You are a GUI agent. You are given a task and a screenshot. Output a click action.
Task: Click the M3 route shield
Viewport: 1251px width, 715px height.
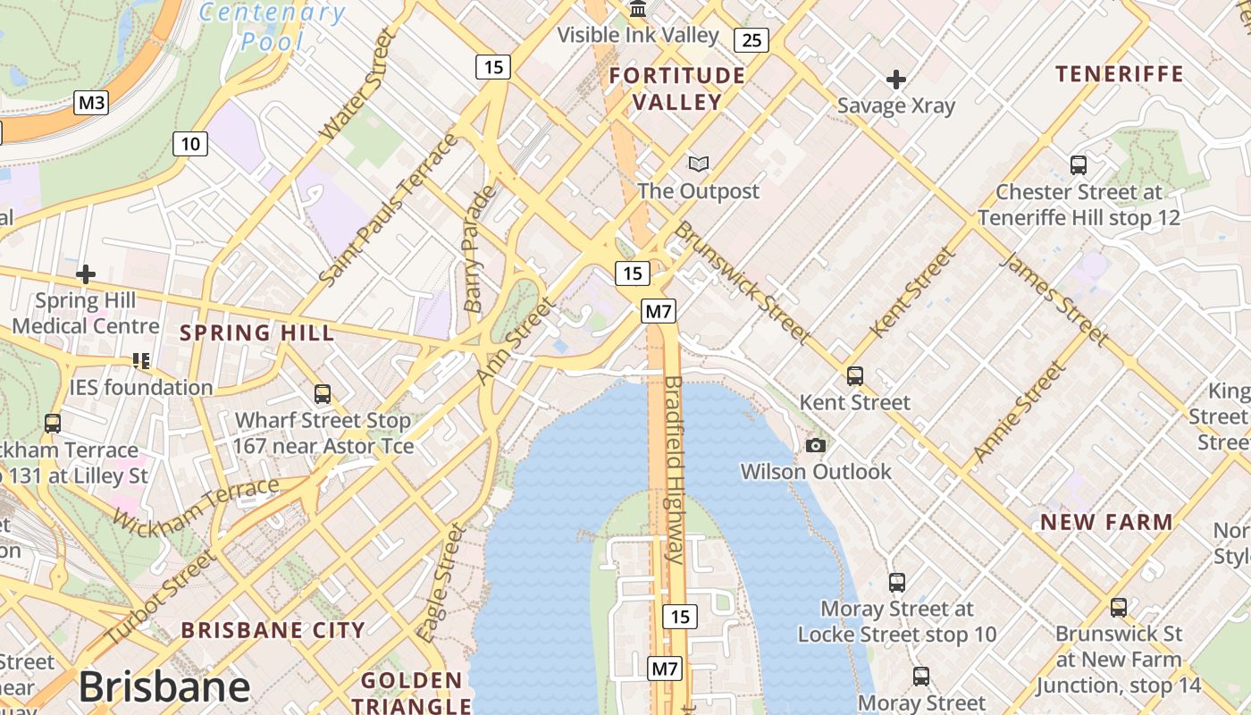click(91, 103)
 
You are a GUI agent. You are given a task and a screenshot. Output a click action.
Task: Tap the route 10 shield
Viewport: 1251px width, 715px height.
click(189, 143)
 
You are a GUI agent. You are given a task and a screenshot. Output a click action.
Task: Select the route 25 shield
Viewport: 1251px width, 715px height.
click(751, 39)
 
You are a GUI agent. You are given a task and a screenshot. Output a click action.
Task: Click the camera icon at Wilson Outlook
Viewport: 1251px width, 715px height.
click(815, 445)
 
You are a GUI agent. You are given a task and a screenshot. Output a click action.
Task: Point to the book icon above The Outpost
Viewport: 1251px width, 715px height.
click(699, 164)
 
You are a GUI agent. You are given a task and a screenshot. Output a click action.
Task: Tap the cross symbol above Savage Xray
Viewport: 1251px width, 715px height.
click(895, 80)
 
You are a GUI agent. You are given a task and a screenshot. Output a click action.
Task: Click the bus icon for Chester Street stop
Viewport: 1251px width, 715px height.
click(1079, 165)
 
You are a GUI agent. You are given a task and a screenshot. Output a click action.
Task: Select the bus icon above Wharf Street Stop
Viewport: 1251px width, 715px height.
click(322, 393)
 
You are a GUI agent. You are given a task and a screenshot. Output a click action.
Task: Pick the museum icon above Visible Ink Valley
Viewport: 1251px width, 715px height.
click(638, 10)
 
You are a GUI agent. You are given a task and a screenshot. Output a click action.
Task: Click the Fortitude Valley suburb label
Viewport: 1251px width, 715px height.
click(676, 88)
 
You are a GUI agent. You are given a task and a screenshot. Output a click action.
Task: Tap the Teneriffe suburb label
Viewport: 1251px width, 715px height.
click(1120, 73)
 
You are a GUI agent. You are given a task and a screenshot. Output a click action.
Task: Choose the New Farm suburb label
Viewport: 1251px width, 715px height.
click(1107, 522)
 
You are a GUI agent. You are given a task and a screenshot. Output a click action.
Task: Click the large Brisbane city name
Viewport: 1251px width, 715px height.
click(164, 687)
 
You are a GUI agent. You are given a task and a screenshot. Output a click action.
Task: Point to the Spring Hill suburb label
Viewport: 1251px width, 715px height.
click(257, 333)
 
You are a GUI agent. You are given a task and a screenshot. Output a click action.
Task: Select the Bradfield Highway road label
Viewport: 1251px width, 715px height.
click(674, 470)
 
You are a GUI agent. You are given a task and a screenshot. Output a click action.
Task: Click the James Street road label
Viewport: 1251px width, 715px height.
click(1054, 299)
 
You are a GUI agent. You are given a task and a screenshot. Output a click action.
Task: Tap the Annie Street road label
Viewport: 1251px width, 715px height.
click(1020, 410)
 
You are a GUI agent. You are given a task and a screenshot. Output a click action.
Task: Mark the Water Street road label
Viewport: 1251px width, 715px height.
click(357, 84)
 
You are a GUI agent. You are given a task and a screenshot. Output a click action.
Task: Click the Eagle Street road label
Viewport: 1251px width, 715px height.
click(442, 583)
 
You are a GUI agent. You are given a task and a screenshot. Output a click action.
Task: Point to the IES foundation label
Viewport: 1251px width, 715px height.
click(141, 387)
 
